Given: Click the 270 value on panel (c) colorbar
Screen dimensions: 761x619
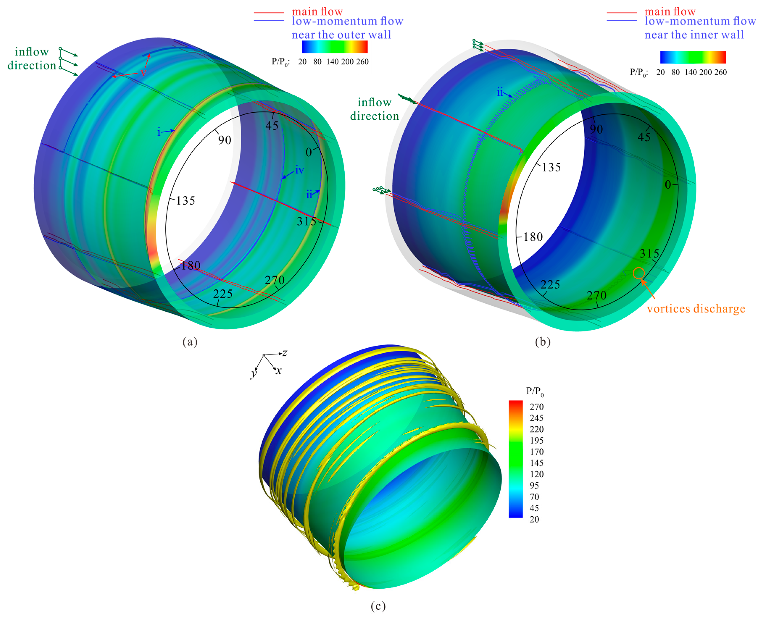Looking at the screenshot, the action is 536,407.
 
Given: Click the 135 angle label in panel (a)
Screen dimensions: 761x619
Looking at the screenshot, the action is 186,201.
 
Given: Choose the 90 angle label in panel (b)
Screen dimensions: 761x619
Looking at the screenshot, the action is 596,129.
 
